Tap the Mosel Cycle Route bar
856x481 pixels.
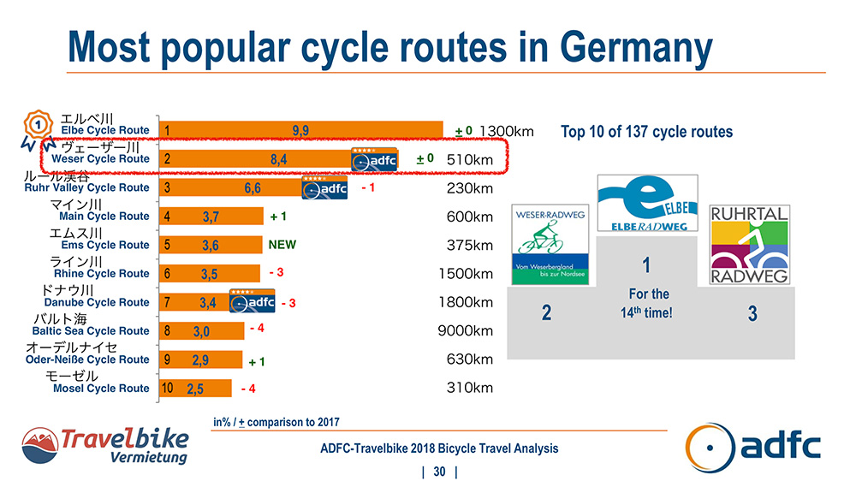click(196, 389)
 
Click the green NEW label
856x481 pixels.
click(282, 245)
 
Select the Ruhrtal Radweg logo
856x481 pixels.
click(749, 244)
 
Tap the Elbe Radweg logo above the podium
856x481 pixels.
click(648, 203)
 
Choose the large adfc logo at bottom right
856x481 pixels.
click(753, 447)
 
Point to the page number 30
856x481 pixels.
click(440, 472)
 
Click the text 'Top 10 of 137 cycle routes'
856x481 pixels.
click(646, 132)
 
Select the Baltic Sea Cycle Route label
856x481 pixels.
click(90, 331)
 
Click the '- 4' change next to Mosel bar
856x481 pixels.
click(249, 389)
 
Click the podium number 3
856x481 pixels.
click(752, 314)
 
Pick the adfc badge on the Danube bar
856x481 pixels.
click(253, 301)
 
